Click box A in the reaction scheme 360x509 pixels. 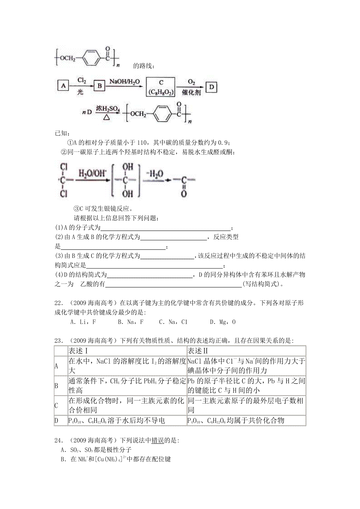coord(63,86)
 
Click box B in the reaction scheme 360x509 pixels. coord(100,86)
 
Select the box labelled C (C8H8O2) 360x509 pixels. coord(161,87)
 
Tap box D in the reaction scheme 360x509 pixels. coord(212,87)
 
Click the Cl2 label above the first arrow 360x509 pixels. coord(82,80)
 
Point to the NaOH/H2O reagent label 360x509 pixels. coord(124,81)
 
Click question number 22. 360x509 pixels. coord(58,303)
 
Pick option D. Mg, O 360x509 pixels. coord(223,322)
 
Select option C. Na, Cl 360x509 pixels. coord(173,322)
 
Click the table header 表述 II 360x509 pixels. coord(198,351)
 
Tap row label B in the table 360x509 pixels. coord(56,386)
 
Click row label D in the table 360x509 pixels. coord(56,421)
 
